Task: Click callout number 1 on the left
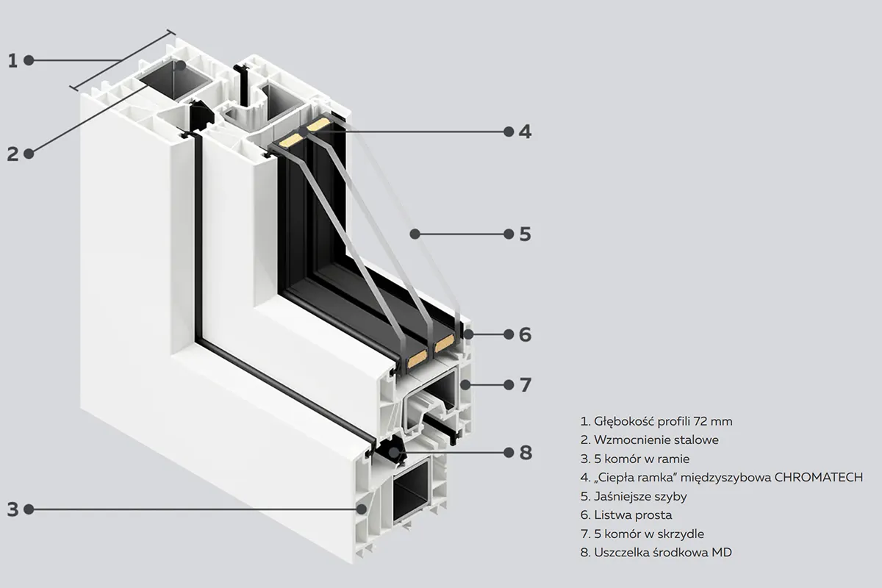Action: point(12,60)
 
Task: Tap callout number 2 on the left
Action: point(12,154)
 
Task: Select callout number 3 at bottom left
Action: point(12,509)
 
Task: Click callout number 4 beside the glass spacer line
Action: point(525,132)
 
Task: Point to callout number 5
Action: point(525,234)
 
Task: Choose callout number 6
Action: point(525,334)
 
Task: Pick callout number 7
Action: point(525,384)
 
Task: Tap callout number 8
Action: point(525,452)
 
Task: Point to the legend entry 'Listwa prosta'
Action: point(626,515)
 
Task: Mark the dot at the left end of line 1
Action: point(29,60)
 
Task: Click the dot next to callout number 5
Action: point(507,234)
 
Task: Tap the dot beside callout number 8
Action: point(507,452)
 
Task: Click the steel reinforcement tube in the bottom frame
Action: point(412,489)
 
